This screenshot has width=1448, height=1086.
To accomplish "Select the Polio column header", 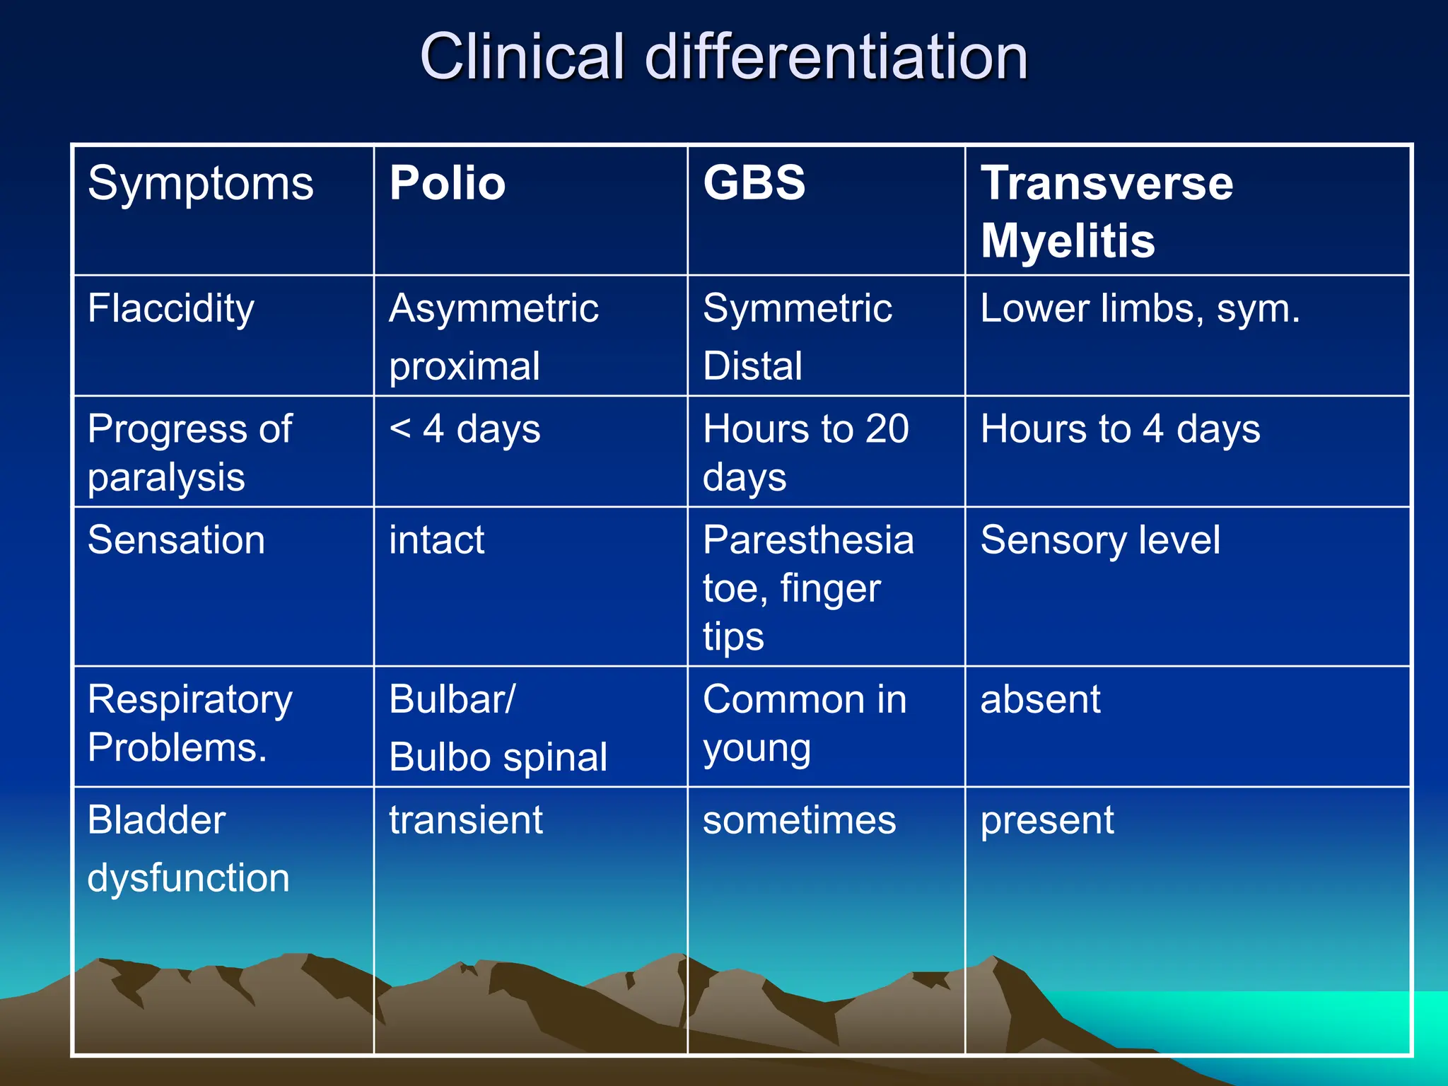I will (x=448, y=184).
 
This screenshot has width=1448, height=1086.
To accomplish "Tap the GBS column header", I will (x=754, y=184).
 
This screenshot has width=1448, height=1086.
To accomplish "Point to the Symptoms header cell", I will (x=200, y=184).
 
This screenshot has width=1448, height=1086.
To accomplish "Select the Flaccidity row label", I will (x=170, y=309).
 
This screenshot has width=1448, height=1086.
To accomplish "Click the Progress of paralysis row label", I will (x=189, y=452).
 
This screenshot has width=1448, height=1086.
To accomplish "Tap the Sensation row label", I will (x=176, y=540).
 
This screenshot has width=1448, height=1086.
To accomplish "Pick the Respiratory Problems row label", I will (x=189, y=723).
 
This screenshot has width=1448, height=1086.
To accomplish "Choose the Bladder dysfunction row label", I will (x=188, y=848).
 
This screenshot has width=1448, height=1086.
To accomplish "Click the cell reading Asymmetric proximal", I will (x=494, y=337).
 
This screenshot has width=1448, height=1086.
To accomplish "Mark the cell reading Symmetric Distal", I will (x=797, y=337).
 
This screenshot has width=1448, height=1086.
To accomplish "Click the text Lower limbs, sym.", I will (x=1140, y=309).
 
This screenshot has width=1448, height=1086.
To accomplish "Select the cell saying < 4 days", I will (x=465, y=429).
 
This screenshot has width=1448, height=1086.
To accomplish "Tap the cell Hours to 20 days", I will (x=805, y=452).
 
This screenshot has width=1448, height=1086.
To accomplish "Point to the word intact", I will (x=436, y=540).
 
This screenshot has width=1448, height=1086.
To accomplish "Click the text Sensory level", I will (x=1100, y=540).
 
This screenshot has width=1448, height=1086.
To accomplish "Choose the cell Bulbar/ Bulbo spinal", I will (x=498, y=728).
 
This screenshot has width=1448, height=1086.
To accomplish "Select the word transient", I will (x=465, y=820).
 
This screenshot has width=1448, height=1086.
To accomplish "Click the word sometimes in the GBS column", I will (x=799, y=820).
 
